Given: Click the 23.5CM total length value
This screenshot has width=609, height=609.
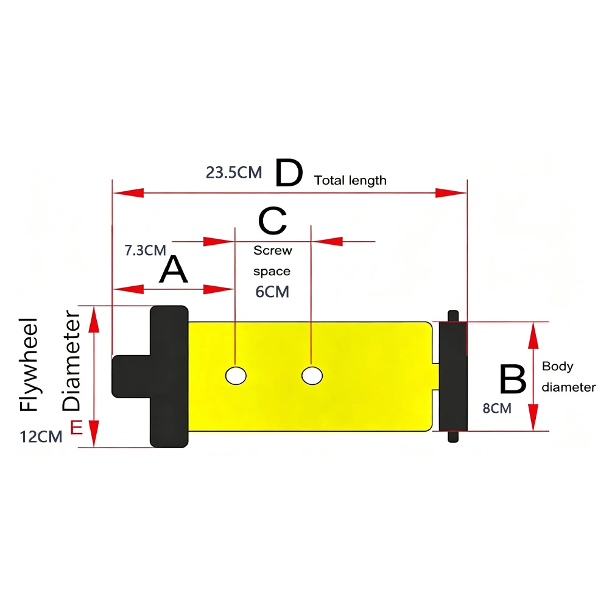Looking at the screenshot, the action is click(234, 172).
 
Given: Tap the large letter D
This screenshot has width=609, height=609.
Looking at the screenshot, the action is click(289, 173).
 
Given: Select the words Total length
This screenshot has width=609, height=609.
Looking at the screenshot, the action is click(350, 181).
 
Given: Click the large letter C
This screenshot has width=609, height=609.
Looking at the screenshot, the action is click(273, 220).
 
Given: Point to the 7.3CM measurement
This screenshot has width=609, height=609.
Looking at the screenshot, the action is click(146, 250).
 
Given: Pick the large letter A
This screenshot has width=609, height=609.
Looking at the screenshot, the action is click(174, 269).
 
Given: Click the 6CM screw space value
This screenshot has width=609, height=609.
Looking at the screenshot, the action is click(272, 292).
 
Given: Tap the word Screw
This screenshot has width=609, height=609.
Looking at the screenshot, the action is click(273, 250).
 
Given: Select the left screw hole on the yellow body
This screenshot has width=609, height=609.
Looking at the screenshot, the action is click(236, 376).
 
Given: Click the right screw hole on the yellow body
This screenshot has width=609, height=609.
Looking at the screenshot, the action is click(312, 376).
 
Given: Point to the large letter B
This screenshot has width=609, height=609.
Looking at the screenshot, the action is click(513, 379).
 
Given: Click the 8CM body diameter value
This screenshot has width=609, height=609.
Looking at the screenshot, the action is click(497, 409).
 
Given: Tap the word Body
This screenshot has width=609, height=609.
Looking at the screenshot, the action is click(557, 366).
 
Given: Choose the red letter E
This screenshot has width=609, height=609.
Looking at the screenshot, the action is click(77, 428).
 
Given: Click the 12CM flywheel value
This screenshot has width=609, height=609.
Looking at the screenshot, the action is click(41, 437).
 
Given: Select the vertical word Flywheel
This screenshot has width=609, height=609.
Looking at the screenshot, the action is click(29, 365).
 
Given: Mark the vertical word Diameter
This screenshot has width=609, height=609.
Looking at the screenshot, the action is click(71, 361).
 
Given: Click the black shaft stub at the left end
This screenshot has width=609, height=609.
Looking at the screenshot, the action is click(131, 376).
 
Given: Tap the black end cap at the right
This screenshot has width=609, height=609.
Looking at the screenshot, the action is click(453, 376).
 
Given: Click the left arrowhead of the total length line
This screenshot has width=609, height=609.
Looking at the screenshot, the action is click(128, 192).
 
